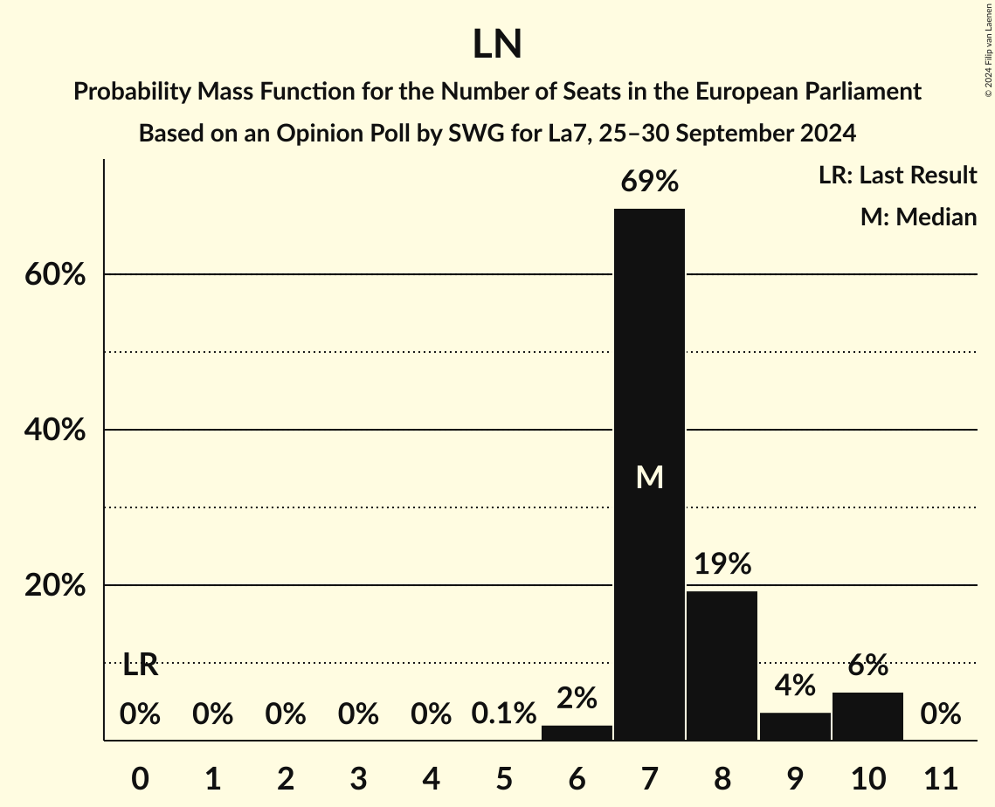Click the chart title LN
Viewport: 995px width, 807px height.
[x=497, y=45]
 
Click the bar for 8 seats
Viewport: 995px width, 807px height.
[x=722, y=666]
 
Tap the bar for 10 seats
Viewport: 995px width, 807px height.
[x=867, y=716]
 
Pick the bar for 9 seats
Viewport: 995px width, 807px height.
[x=795, y=727]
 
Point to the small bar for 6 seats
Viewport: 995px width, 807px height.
[x=577, y=733]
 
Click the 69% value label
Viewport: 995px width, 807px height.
[x=649, y=182]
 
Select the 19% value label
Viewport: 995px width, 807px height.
[x=722, y=564]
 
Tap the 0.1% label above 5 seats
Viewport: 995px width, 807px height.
[x=504, y=714]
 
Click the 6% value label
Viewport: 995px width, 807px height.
[x=867, y=666]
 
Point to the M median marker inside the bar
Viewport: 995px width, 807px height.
[x=649, y=477]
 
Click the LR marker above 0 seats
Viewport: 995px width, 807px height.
[x=140, y=666]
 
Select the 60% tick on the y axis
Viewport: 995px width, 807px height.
[x=53, y=275]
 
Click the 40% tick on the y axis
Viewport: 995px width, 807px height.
[x=53, y=431]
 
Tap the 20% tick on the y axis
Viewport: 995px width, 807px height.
[x=53, y=586]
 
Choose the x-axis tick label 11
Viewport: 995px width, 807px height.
[x=941, y=777]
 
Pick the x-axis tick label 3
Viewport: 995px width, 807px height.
[x=358, y=777]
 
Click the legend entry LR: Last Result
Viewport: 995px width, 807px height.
[x=897, y=176]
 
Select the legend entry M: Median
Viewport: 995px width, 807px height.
[x=918, y=217]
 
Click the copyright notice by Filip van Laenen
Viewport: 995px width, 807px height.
[x=987, y=49]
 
